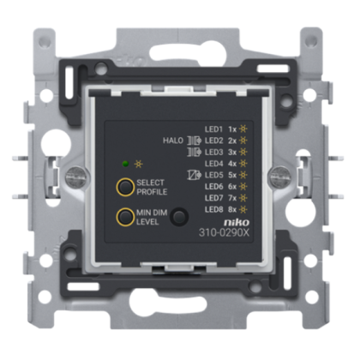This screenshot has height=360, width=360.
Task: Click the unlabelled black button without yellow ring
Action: point(179,217)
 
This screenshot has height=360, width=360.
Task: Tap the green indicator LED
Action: point(125,164)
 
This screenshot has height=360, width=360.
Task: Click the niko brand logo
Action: point(237,222)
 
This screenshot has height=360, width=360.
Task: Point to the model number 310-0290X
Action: point(224,233)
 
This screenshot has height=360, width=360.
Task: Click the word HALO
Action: point(173,141)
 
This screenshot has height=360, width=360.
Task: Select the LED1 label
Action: point(213,129)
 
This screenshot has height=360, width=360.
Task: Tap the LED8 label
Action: point(213,209)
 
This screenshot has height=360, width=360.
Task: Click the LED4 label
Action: point(213,164)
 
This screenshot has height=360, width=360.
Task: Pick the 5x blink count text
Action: point(232,175)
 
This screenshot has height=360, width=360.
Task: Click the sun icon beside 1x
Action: point(243,129)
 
